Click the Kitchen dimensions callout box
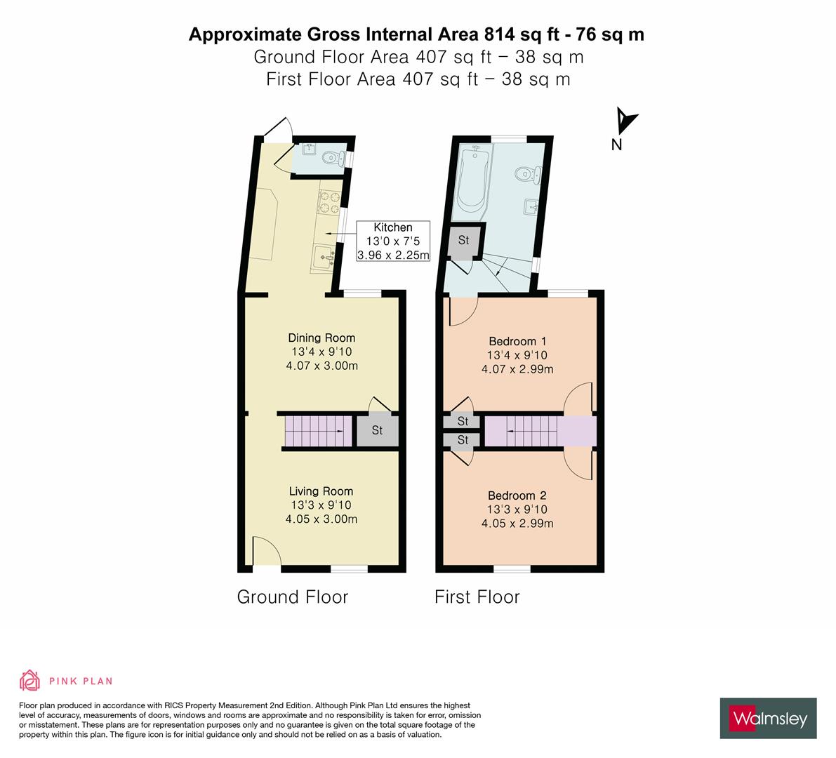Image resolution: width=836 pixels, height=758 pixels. pos(392,241)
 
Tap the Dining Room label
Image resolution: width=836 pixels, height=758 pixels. pos(321,338)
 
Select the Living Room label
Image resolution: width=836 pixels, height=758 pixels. pos(321,491)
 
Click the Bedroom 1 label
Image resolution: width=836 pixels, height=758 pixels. pos(517,342)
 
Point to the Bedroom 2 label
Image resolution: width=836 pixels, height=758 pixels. pos(517,496)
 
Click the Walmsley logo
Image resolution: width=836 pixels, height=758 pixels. pos(769,718)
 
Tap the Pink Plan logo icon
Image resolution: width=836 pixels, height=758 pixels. pos(30,680)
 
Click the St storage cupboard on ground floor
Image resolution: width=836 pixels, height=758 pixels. pos(377,431)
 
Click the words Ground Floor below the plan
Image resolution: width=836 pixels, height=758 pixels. pos(292,597)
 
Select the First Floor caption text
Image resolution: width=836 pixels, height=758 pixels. pos(477,597)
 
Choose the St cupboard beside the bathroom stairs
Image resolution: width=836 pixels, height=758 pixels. pos(463,241)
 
